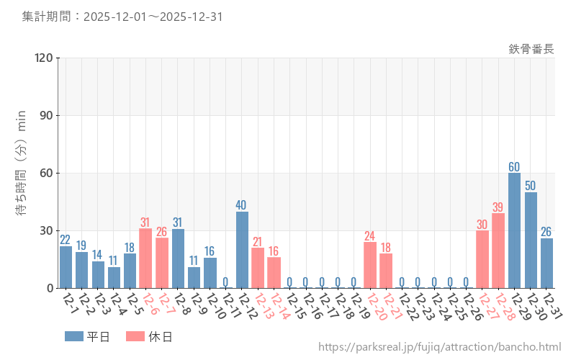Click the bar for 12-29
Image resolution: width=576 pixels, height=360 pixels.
(x=514, y=230)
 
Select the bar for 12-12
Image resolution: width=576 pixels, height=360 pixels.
(x=242, y=250)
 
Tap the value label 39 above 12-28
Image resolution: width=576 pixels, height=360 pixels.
(x=498, y=207)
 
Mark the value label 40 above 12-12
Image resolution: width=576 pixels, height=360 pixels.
(x=242, y=204)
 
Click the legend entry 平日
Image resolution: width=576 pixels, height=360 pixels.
(x=86, y=336)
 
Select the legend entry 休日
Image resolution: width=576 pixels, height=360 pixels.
(x=148, y=336)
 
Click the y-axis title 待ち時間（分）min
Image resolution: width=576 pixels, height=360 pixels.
(x=22, y=173)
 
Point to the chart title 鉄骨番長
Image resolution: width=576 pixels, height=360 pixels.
(x=531, y=49)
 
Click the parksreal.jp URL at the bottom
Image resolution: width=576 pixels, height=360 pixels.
(x=439, y=348)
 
